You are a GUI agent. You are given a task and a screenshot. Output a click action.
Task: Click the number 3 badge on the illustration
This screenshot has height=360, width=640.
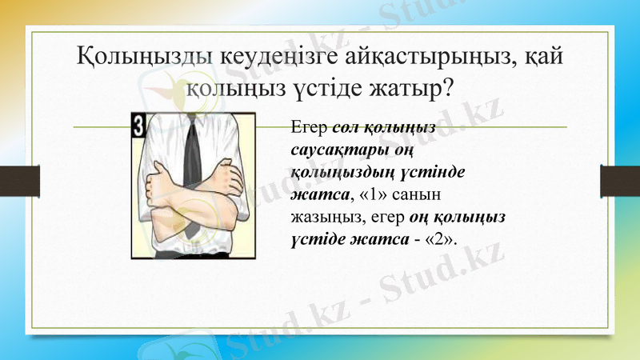click(x=139, y=125)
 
